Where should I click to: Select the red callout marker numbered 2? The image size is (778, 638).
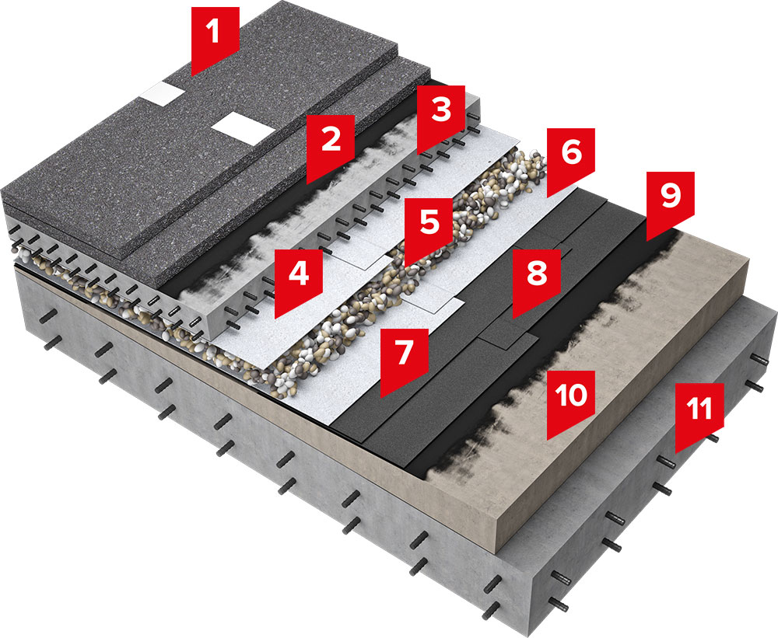coord(331,142)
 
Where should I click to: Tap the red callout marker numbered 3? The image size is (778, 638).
coord(441,111)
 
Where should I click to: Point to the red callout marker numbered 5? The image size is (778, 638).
coord(428,221)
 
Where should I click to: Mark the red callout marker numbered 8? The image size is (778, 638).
coord(536,274)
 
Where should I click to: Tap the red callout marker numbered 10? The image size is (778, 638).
coord(571,396)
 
